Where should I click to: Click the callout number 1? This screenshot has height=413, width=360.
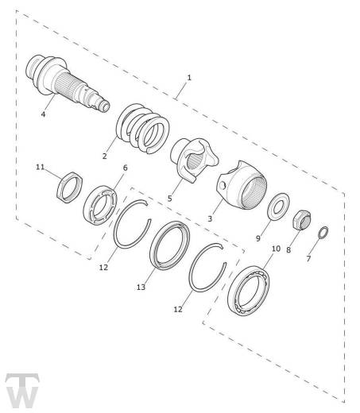coord(189,78)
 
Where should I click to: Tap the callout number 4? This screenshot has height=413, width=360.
coord(44,114)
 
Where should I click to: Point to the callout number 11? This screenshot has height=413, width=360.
coord(41,167)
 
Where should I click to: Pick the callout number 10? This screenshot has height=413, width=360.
coord(276,249)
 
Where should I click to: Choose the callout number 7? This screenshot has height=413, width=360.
coord(309,260)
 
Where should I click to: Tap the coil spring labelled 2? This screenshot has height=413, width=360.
coord(144,131)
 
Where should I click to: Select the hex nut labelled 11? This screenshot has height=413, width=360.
coord(71,187)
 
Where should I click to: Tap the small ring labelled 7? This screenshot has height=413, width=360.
coord(324,232)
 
